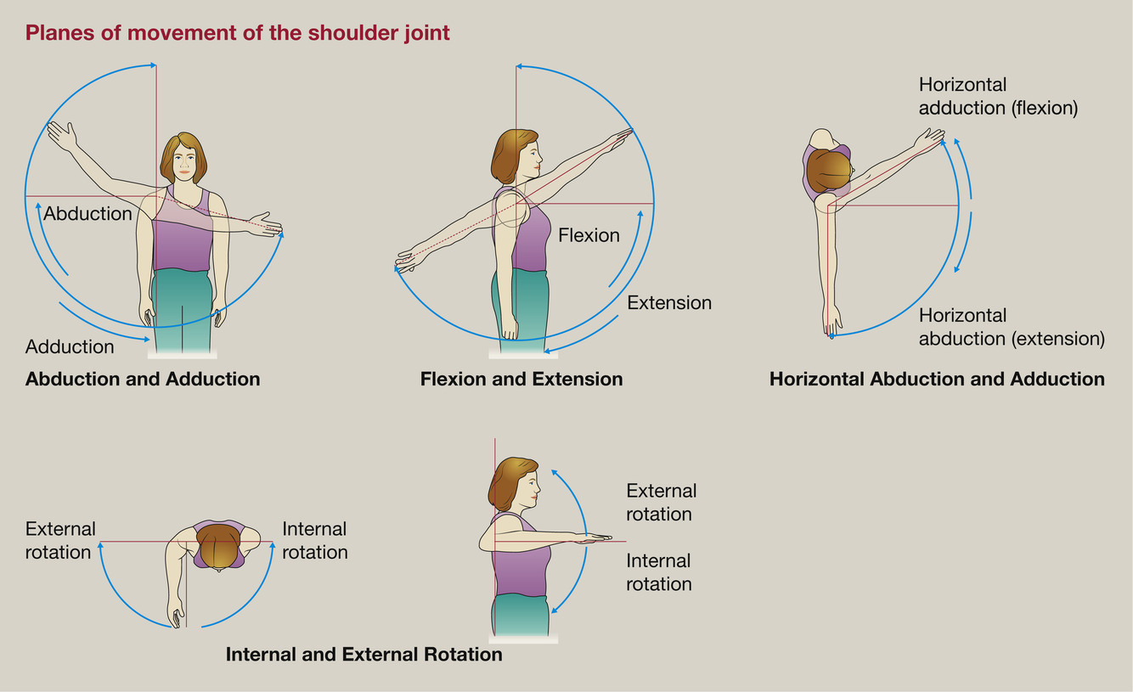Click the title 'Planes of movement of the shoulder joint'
pyautogui.click(x=237, y=33)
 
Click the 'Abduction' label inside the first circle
pyautogui.click(x=87, y=213)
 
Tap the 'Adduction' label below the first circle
pyautogui.click(x=70, y=346)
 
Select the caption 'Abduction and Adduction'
pyautogui.click(x=143, y=379)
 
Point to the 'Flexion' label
pyautogui.click(x=589, y=235)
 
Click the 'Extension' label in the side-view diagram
pyautogui.click(x=669, y=302)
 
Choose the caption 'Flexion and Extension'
pyautogui.click(x=521, y=379)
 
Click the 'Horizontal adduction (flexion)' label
pyautogui.click(x=998, y=96)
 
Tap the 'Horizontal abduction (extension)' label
pyautogui.click(x=1012, y=327)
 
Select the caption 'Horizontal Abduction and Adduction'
pyautogui.click(x=937, y=379)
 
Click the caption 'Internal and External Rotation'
pyautogui.click(x=364, y=655)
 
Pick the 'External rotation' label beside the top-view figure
pyautogui.click(x=59, y=541)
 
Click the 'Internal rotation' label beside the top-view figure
pyautogui.click(x=314, y=541)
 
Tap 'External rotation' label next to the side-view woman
pyautogui.click(x=660, y=503)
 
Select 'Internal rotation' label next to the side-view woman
pyautogui.click(x=658, y=572)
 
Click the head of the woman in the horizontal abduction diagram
pyautogui.click(x=829, y=169)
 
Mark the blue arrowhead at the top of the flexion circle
pyautogui.click(x=520, y=66)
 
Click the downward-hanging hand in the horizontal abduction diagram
pyautogui.click(x=831, y=321)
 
